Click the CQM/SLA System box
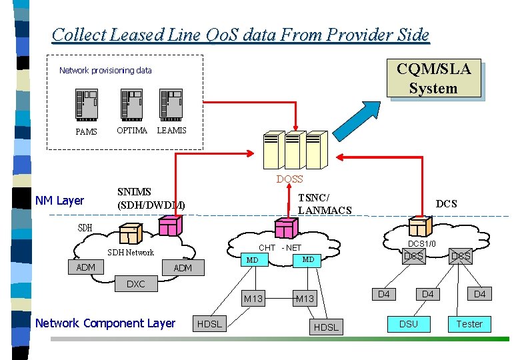(433, 79)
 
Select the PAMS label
(86, 132)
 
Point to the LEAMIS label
(171, 131)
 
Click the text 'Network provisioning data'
(105, 71)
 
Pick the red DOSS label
(289, 179)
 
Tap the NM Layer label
(60, 201)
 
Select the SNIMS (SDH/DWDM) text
(151, 199)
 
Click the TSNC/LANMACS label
(324, 204)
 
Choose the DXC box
(135, 284)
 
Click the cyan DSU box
(409, 324)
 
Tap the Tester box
(469, 324)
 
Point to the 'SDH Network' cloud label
(131, 253)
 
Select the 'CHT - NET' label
(280, 248)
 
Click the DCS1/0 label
(421, 244)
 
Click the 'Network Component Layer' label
(105, 323)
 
